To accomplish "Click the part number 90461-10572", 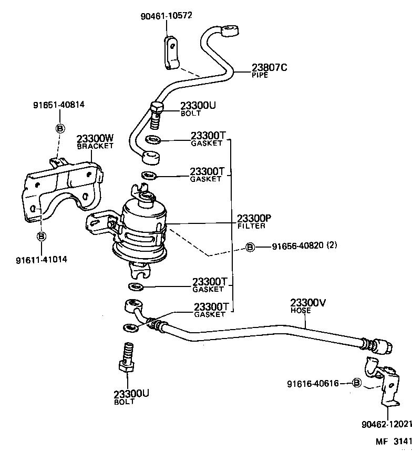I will point(166,15).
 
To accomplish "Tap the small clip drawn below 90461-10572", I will point(171,53).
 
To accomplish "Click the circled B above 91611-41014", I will point(42,236).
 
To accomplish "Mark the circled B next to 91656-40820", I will point(250,247).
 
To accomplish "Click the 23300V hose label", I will point(308,305).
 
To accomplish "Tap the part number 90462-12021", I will point(386,424).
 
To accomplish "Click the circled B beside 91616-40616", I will point(356,383).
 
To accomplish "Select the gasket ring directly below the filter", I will point(136,286).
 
